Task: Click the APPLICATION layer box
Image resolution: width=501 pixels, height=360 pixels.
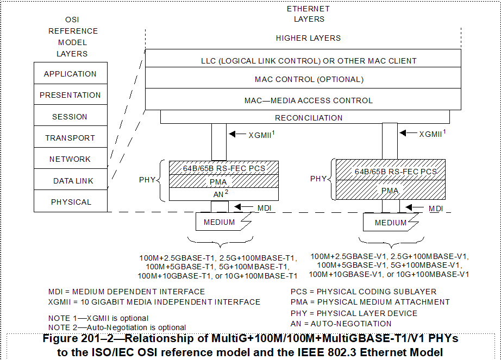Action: (x=71, y=74)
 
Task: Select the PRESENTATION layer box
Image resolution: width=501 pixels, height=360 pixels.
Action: (x=71, y=95)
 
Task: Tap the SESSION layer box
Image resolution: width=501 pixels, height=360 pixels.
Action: (x=71, y=117)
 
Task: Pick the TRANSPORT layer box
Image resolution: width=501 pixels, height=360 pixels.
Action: (x=71, y=138)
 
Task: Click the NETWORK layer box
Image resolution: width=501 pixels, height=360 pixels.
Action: (x=71, y=159)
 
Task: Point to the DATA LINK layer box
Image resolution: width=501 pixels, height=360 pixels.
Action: (x=71, y=181)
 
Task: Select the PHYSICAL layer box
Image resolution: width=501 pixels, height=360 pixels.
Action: (x=71, y=202)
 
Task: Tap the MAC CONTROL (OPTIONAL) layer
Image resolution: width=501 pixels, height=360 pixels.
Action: (x=309, y=79)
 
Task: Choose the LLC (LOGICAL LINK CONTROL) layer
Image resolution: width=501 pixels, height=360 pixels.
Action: (x=309, y=61)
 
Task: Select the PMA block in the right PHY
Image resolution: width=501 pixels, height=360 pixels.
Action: (x=390, y=191)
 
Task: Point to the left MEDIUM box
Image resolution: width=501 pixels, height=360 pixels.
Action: (x=220, y=222)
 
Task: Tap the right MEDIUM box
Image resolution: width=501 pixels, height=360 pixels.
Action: (x=390, y=222)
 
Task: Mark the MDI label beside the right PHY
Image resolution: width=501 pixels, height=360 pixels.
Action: (x=435, y=208)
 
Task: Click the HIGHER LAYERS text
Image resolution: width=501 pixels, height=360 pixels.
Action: (x=308, y=38)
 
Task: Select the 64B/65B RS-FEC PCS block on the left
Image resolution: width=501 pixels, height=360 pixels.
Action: (x=224, y=168)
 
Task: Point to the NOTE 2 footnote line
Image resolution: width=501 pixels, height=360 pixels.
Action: (x=117, y=327)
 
